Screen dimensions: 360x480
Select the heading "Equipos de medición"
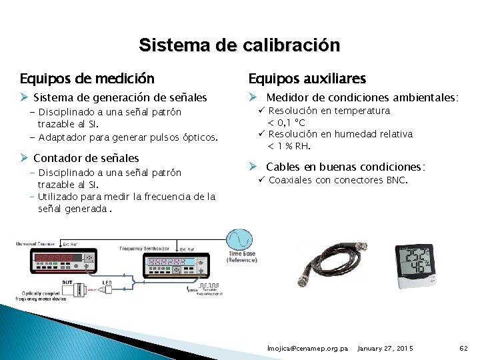tap(87, 79)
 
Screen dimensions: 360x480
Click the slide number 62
tap(464, 349)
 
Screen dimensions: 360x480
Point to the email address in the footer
tap(307, 349)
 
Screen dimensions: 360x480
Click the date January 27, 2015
tap(385, 349)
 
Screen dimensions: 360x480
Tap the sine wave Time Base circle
tap(240, 241)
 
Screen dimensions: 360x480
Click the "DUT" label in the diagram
tap(67, 282)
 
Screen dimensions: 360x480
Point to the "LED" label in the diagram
tap(107, 282)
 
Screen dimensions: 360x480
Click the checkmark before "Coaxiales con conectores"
tap(262, 180)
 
